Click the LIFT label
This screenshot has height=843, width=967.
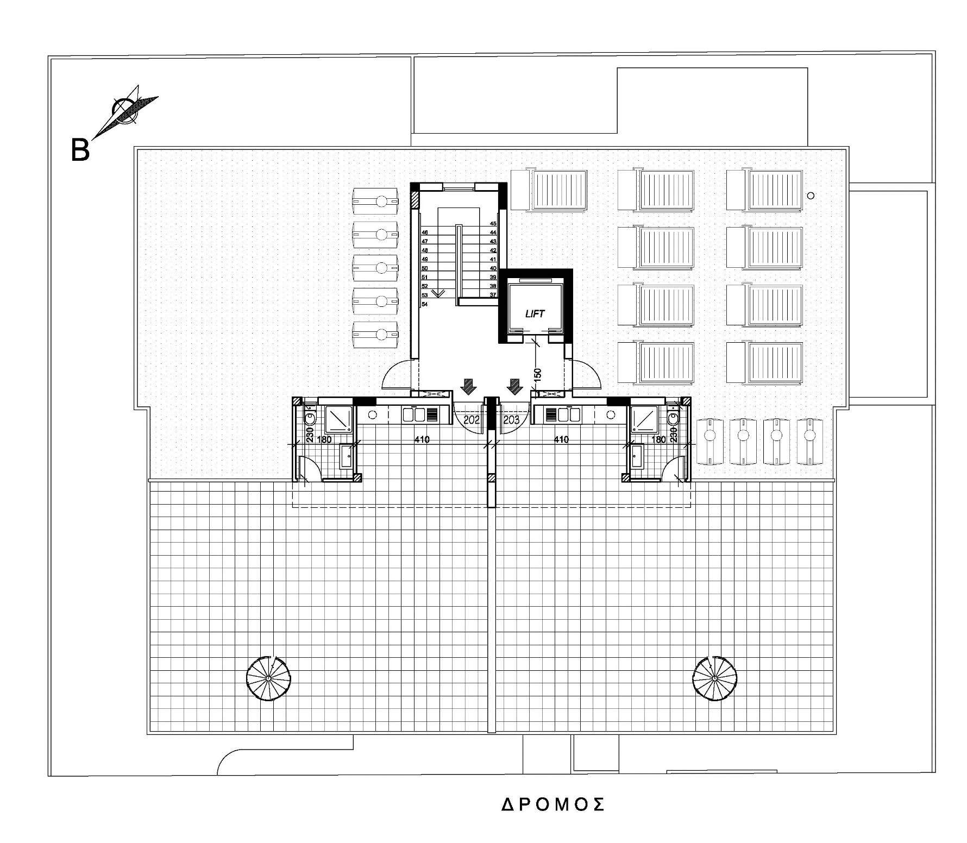[535, 313]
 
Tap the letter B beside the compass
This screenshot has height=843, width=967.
[80, 149]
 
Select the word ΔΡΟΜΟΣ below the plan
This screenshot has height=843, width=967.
[553, 804]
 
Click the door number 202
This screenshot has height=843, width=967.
[472, 420]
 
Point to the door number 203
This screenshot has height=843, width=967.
[511, 420]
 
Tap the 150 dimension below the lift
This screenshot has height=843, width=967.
[538, 375]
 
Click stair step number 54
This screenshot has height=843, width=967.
[425, 304]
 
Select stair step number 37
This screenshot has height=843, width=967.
[493, 295]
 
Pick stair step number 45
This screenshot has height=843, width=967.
[493, 223]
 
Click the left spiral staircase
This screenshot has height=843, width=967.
[268, 678]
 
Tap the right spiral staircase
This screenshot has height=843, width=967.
[715, 678]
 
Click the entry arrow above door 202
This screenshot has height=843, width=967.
[468, 387]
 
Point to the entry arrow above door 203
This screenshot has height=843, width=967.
[514, 387]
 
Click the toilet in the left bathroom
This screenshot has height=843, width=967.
[310, 417]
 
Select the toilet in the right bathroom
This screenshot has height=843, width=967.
[674, 417]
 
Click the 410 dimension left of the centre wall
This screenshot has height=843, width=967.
[422, 439]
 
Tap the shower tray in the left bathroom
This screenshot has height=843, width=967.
[340, 419]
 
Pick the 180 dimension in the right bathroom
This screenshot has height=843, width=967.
[658, 439]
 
